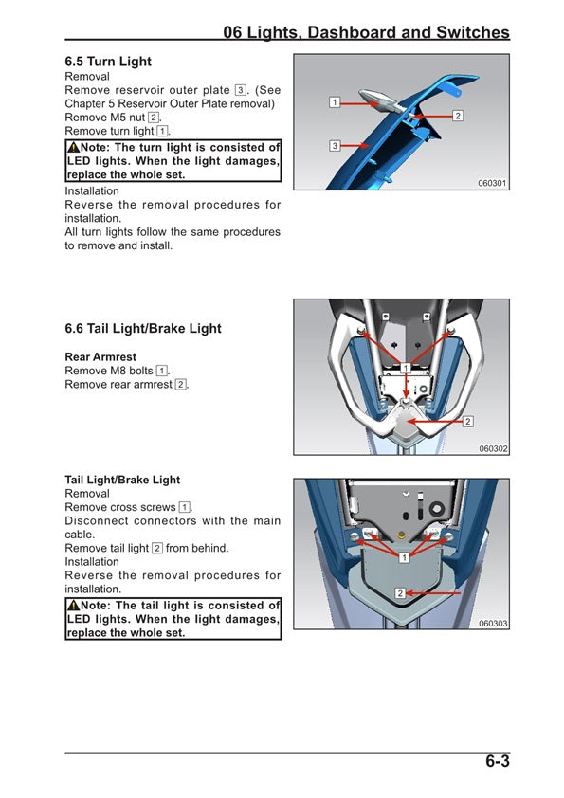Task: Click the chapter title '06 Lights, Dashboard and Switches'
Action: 366,32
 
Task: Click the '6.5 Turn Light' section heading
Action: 108,62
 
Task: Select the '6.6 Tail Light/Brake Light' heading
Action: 143,329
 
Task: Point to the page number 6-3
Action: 498,761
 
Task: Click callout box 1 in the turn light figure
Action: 335,100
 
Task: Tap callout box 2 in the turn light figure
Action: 458,116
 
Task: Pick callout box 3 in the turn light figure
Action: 335,145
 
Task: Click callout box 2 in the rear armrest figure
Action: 468,421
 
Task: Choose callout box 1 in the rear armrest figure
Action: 405,368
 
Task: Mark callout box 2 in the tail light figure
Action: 400,592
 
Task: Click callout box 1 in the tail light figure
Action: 404,557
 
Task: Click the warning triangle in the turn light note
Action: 73,148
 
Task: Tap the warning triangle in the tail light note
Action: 73,606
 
